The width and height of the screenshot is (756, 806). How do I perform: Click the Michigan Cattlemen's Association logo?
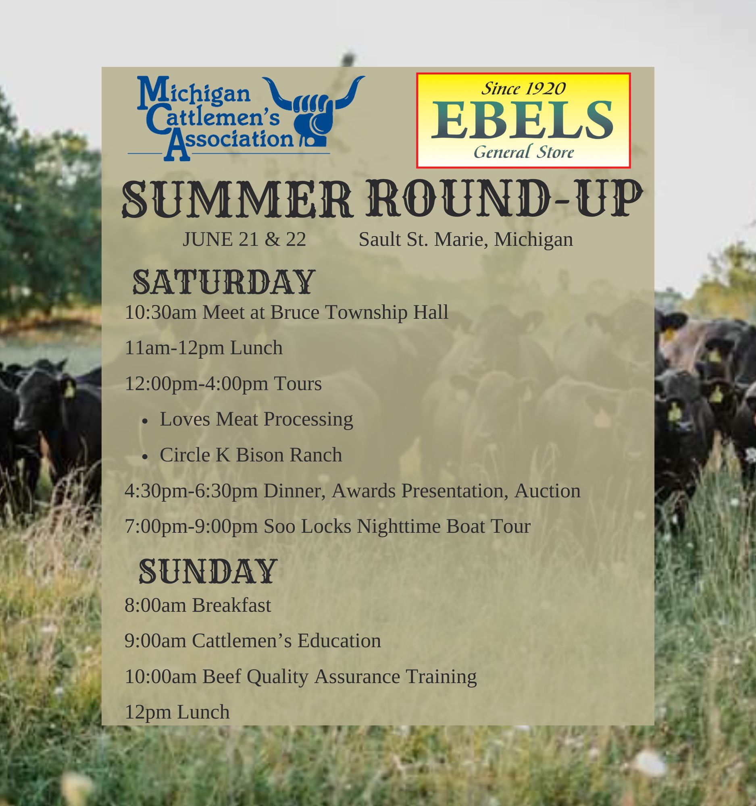246,118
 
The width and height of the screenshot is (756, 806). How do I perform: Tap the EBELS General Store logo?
523,120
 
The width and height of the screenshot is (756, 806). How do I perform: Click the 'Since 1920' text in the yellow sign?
523,88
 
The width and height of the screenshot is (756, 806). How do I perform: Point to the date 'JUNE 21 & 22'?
244,239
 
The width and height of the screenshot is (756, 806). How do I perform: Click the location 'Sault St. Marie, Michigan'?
466,239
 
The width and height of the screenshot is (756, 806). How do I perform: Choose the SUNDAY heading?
208,571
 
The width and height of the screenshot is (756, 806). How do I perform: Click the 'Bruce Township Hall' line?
286,313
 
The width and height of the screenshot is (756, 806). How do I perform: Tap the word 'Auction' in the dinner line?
548,490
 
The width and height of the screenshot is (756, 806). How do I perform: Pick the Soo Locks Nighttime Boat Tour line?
327,526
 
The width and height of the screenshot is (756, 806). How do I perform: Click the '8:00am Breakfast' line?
198,605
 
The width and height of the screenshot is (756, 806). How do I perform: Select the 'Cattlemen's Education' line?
253,641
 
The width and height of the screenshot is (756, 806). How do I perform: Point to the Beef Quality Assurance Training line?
300,677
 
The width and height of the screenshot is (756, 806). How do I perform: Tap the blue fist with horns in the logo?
314,110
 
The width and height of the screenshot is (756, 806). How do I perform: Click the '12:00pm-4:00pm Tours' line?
223,384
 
